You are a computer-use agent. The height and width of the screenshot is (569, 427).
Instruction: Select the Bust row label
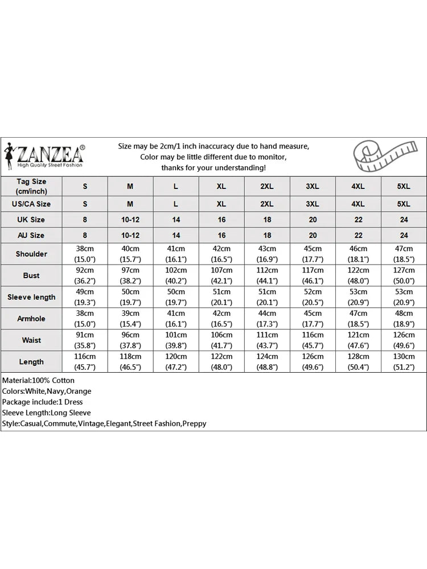click(31, 275)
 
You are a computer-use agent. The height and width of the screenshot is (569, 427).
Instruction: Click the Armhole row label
click(31, 319)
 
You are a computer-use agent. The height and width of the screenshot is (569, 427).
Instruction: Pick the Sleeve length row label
click(31, 297)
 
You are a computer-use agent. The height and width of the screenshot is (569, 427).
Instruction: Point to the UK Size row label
click(31, 220)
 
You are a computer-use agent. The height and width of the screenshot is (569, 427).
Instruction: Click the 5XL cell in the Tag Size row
click(403, 187)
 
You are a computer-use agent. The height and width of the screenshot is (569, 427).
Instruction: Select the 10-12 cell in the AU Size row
click(130, 235)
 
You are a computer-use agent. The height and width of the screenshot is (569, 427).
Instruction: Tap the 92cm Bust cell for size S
click(85, 275)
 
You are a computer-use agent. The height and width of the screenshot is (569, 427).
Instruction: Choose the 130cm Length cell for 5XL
click(403, 362)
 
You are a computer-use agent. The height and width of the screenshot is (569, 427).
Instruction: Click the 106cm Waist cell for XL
click(221, 340)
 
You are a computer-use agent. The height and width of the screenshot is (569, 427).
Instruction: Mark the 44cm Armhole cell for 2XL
click(267, 319)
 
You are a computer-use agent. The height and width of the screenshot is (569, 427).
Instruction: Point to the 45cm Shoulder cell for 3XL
click(313, 254)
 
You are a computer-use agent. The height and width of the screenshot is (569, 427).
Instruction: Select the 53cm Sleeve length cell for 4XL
click(358, 297)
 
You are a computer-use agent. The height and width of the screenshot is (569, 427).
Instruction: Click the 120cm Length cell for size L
click(175, 362)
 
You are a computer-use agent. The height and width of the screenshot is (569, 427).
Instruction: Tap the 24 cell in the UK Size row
click(403, 220)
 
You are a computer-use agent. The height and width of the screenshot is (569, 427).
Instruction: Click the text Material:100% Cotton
click(38, 380)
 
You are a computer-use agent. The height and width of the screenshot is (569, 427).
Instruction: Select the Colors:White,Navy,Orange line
click(47, 391)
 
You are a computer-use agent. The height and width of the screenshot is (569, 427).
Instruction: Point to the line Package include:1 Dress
click(43, 402)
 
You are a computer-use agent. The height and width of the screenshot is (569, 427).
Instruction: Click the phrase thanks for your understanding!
click(213, 167)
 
